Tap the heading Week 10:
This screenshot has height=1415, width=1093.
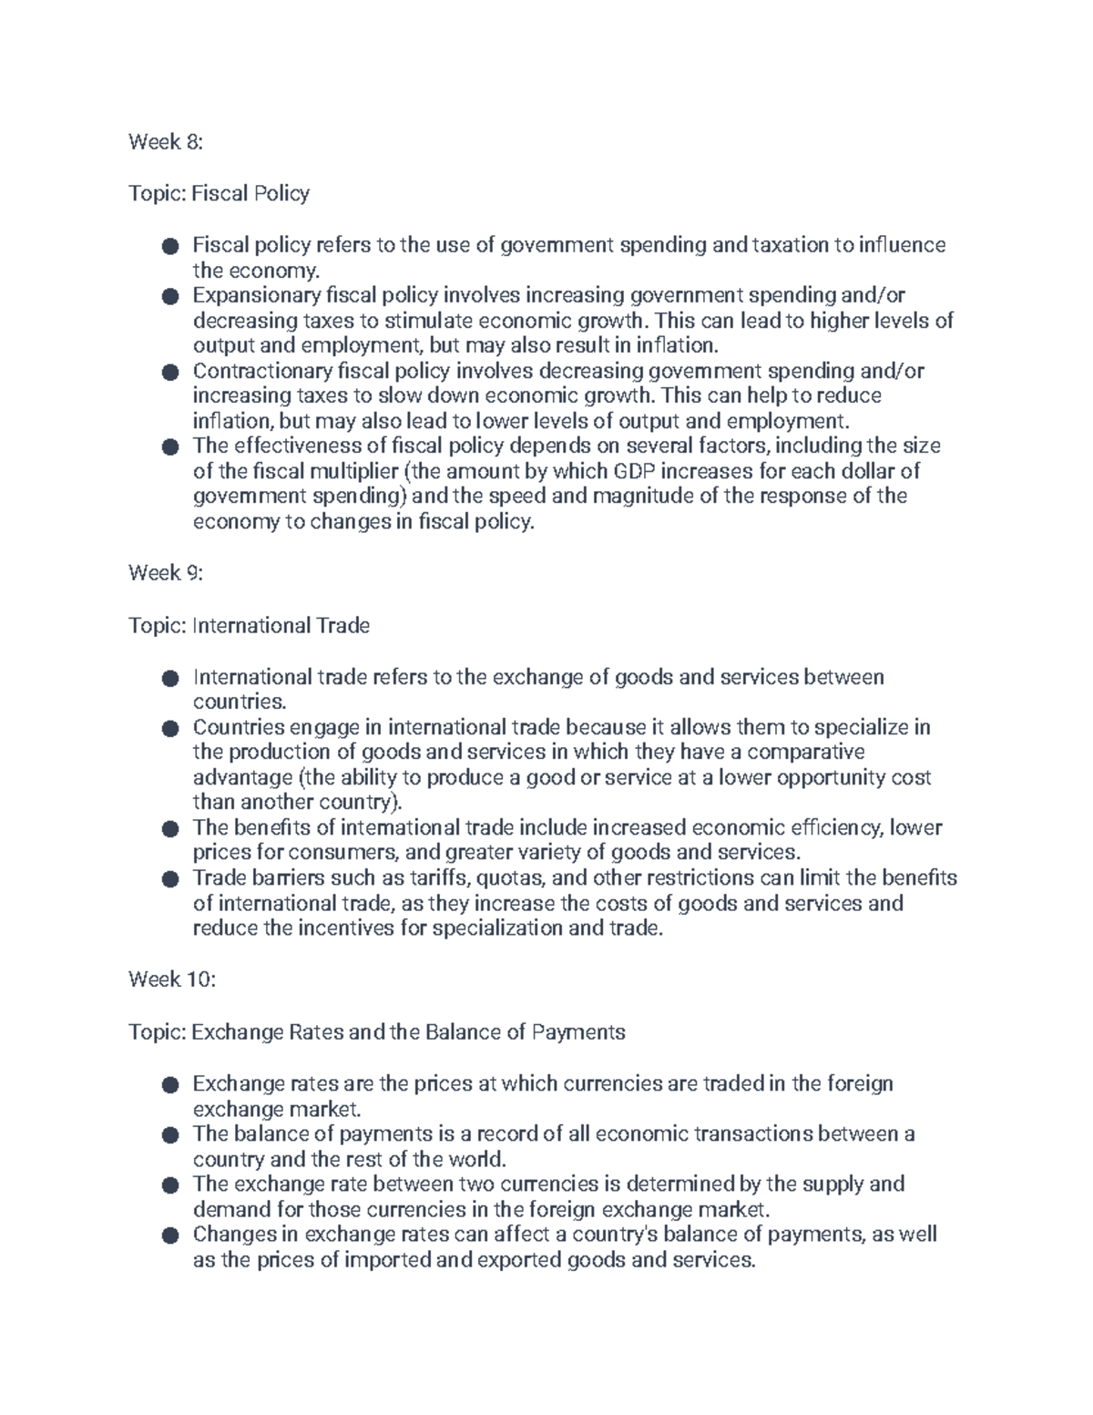171,979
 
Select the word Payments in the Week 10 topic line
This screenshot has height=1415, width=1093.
578,1032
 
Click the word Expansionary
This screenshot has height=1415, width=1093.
257,295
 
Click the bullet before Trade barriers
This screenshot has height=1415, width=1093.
169,880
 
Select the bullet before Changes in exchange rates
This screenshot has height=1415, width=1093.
169,1236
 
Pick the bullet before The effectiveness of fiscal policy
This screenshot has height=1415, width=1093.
169,447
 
